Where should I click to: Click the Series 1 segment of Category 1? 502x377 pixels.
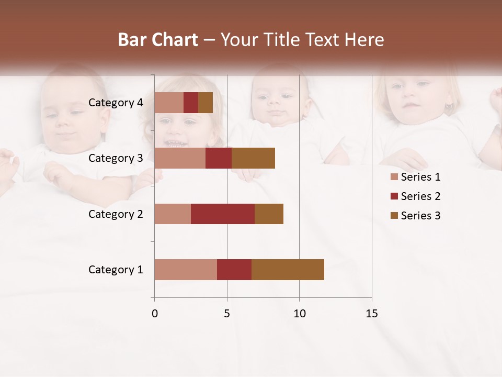coord(186,270)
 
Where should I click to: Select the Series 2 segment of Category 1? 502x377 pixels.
coord(234,270)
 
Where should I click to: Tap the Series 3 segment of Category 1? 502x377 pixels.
coord(288,270)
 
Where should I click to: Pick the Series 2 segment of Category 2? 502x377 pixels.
coord(223,214)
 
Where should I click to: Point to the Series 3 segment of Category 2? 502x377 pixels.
coord(269,214)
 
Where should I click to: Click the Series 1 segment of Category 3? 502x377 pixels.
coord(180,158)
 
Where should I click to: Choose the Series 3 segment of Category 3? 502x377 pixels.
coord(253,158)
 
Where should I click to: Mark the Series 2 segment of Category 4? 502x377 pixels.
coord(191,103)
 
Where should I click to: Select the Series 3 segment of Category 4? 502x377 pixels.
coord(206,103)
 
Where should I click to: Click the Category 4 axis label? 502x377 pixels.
coord(116,103)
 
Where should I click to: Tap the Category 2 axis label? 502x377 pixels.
coord(116,214)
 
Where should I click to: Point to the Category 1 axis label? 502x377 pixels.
coord(116,270)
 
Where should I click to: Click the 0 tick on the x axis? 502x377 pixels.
coord(154,314)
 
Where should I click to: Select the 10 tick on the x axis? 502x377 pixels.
coord(299,314)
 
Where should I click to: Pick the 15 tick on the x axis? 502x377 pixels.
coord(372,314)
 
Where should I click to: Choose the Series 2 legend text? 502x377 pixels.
coord(420,196)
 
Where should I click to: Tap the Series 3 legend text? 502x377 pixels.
coord(420,216)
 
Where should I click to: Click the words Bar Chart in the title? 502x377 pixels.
coord(158,40)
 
